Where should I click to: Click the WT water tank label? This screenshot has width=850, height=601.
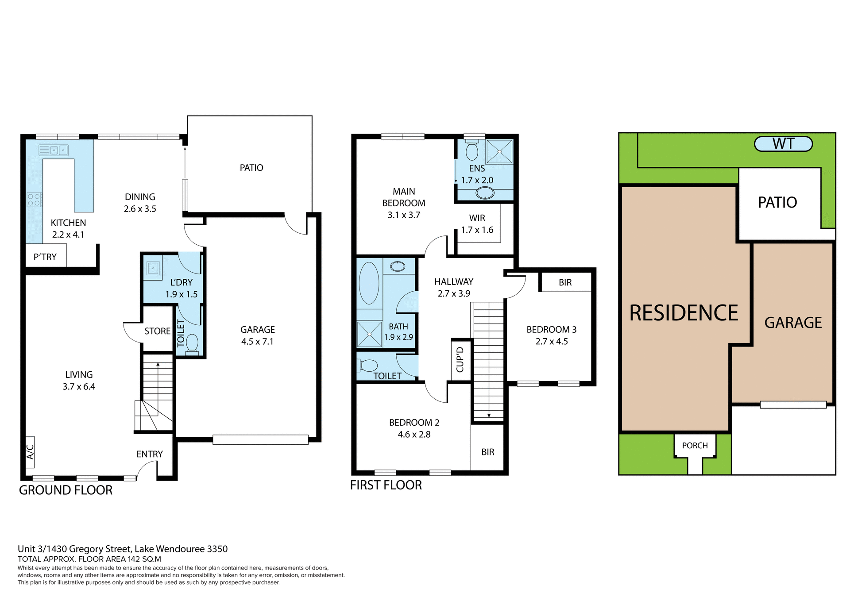pos(783,144)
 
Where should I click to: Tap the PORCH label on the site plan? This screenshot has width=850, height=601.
pos(695,446)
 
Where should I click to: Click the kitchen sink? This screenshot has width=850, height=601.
pos(58,150)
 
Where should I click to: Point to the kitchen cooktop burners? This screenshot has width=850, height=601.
pos(34,200)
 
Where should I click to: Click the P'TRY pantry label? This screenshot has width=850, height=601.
pos(45,257)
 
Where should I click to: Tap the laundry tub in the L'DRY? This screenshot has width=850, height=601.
pos(153,268)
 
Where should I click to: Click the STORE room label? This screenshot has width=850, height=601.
pos(157,331)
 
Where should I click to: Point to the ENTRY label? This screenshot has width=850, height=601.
pos(150,454)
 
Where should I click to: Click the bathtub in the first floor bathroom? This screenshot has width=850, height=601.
pos(369,283)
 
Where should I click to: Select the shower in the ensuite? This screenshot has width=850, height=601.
pos(499,151)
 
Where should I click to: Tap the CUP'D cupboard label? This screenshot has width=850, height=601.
pos(460,359)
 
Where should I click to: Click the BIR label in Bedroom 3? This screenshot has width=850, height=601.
pos(565,282)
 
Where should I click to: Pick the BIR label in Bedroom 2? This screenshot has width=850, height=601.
pos(488,452)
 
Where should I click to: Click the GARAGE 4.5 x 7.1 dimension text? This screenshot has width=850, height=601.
pos(257,342)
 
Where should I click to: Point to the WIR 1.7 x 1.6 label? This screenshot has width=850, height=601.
pos(477,224)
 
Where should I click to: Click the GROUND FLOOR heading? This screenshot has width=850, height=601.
pos(66,490)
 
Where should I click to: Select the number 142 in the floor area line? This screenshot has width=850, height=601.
pos(134,559)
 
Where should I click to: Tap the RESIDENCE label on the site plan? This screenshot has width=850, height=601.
pos(684,313)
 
